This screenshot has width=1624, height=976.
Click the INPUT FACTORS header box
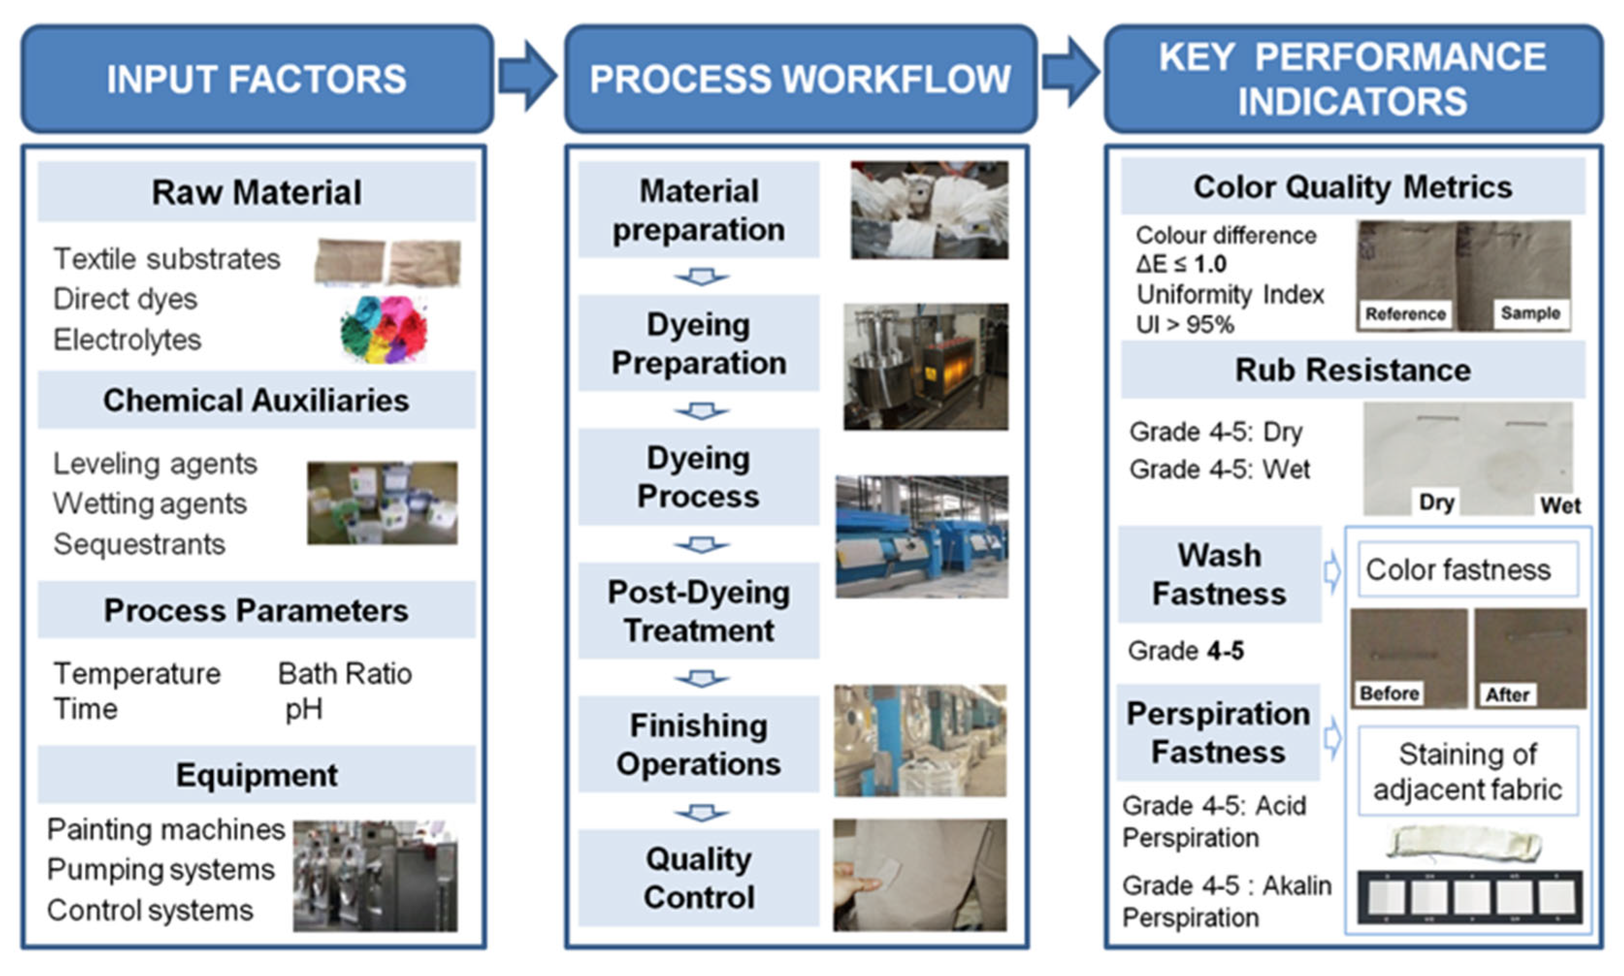[257, 79]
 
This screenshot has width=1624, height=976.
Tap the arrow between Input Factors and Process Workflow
[527, 76]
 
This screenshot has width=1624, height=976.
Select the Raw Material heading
[257, 192]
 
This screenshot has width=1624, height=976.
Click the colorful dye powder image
[384, 329]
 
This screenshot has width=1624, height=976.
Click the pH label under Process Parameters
[304, 709]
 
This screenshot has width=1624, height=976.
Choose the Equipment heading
[257, 775]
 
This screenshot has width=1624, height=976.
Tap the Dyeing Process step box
[699, 477]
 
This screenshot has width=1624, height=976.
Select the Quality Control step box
[699, 878]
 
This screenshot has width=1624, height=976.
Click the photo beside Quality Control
[920, 875]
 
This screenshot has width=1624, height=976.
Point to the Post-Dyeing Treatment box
[699, 611]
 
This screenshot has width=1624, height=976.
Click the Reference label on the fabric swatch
[1405, 314]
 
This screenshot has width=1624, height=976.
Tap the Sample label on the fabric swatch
[1530, 313]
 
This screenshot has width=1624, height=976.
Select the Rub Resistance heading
[1353, 370]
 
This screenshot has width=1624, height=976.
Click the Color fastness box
[1468, 569]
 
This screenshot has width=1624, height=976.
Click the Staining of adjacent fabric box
[1468, 771]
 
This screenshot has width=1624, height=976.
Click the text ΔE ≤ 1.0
[1181, 265]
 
